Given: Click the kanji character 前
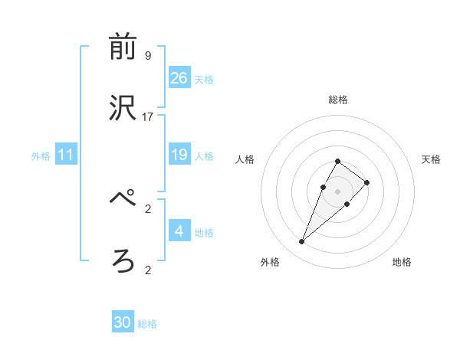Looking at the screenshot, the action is click(x=123, y=47).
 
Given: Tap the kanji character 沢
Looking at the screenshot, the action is click(x=123, y=109).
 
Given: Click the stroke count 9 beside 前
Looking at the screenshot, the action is click(x=147, y=56).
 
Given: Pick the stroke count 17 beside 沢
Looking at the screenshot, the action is click(x=148, y=117).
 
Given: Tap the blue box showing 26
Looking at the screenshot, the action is click(x=179, y=77).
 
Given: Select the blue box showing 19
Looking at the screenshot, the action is click(x=179, y=154).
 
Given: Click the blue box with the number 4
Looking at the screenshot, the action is click(x=179, y=231).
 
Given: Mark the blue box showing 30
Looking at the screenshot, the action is click(x=123, y=322).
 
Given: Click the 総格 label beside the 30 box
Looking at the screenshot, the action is click(x=147, y=324).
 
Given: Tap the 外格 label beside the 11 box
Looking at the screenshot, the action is click(x=41, y=156).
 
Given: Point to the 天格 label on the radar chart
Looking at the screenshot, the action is click(x=431, y=159).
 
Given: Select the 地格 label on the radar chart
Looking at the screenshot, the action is click(x=402, y=262).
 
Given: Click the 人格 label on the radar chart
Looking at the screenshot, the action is click(x=245, y=159).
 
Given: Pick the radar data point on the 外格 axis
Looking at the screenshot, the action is click(x=301, y=242).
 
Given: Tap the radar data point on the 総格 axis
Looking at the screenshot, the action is click(x=337, y=162).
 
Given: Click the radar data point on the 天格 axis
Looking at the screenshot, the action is click(x=367, y=182).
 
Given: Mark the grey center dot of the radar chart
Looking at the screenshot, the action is click(x=337, y=191).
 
